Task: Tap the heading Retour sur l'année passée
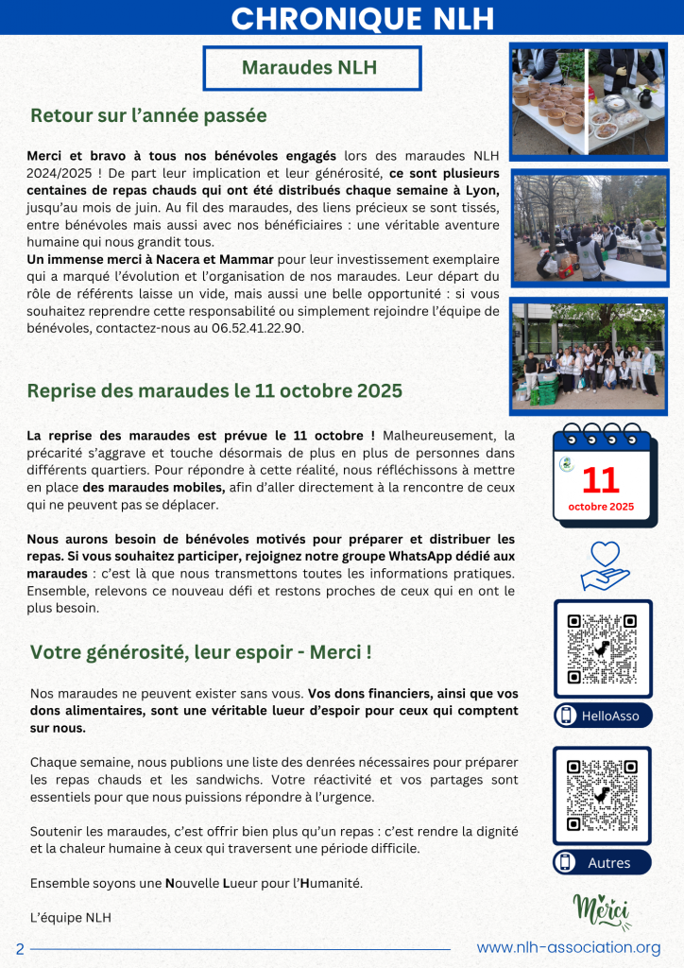148,116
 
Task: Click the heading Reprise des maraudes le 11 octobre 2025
215,390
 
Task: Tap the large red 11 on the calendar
601,480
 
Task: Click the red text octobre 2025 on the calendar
601,507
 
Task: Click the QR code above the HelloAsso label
602,648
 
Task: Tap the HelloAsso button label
602,716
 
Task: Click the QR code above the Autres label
602,794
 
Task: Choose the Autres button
602,862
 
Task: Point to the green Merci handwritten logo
602,909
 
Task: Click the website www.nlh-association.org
569,947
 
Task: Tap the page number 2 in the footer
19,948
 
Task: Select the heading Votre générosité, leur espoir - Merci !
201,652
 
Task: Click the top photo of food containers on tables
588,100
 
